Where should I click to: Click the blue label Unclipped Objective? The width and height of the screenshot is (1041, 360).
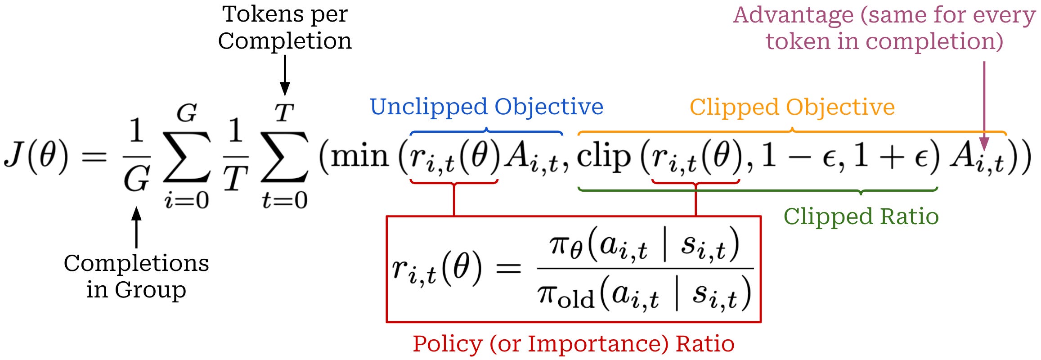point(486,107)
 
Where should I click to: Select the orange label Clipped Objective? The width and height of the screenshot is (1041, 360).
point(792,108)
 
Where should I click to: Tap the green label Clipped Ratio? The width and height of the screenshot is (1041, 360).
point(861,216)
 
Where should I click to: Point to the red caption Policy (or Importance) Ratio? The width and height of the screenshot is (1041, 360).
point(574,344)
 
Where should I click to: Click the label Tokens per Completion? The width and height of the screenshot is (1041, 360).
point(285,27)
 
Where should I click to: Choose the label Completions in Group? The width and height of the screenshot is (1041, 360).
point(136,276)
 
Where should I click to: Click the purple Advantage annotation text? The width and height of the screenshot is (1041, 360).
point(884,28)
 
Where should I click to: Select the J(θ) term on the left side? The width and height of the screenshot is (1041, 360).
point(36,155)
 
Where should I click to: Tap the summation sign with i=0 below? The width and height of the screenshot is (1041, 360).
point(187,157)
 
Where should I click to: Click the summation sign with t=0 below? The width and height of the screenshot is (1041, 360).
point(285,157)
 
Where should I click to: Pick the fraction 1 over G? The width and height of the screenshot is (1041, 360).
point(136,155)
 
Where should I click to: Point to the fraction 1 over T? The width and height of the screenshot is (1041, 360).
point(235,155)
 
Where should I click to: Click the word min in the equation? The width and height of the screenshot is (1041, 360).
point(360,156)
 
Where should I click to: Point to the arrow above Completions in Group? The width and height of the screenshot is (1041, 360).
point(136,227)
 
